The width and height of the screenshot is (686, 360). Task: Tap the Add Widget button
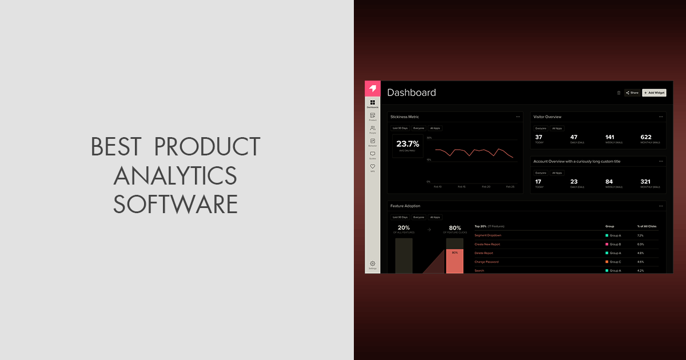[x=654, y=93]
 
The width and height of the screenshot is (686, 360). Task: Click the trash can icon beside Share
[x=619, y=93]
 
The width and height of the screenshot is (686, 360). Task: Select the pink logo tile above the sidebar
[x=373, y=89]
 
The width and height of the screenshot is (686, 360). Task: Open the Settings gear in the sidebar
[x=373, y=263]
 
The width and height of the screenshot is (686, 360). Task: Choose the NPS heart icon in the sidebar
[x=373, y=166]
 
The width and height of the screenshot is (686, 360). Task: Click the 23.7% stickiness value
[x=408, y=144]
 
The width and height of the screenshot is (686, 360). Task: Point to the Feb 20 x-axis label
[x=486, y=187]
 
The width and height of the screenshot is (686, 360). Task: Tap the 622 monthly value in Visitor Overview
[x=646, y=137]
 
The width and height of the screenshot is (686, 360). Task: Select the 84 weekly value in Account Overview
[x=609, y=182]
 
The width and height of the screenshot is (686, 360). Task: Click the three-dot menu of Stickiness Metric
[x=518, y=117]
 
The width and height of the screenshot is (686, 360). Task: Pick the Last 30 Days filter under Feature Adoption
[x=400, y=217]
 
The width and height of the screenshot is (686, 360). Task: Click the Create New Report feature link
[x=487, y=244]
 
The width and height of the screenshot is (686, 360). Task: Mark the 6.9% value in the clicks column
[x=640, y=244]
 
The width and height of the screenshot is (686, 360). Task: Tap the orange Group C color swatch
[x=607, y=262]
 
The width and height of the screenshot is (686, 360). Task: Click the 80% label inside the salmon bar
[x=454, y=252]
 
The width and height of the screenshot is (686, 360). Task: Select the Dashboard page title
[x=412, y=93]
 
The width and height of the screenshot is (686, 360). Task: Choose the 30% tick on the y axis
[x=429, y=138]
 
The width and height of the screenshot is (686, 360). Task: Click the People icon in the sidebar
[x=373, y=129]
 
